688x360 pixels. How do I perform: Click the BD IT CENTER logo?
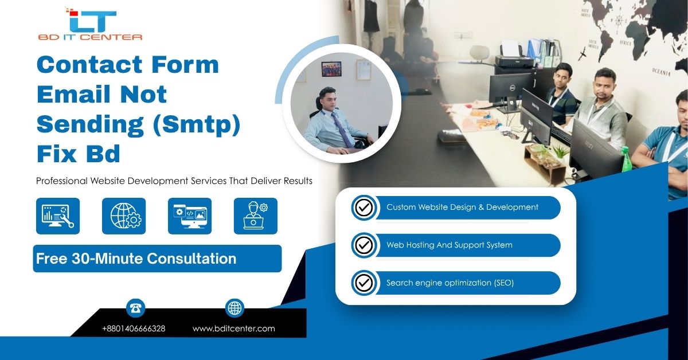(91, 24)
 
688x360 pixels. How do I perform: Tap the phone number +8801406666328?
(134, 328)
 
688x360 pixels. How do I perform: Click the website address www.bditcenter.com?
(234, 328)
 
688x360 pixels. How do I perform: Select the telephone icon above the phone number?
(135, 308)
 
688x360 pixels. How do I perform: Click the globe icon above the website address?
(234, 308)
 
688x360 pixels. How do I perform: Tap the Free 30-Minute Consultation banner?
(157, 259)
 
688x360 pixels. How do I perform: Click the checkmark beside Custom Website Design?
(364, 208)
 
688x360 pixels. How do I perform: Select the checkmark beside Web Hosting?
(364, 245)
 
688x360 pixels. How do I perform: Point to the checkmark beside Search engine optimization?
(364, 283)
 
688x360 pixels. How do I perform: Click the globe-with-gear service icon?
(124, 216)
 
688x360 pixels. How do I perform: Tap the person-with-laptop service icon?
(256, 216)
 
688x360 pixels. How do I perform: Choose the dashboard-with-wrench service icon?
(58, 216)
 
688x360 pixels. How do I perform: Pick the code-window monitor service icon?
(190, 216)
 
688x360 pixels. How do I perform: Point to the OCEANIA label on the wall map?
(661, 72)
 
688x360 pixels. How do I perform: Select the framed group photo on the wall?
(331, 69)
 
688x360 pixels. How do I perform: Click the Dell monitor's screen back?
(509, 87)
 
